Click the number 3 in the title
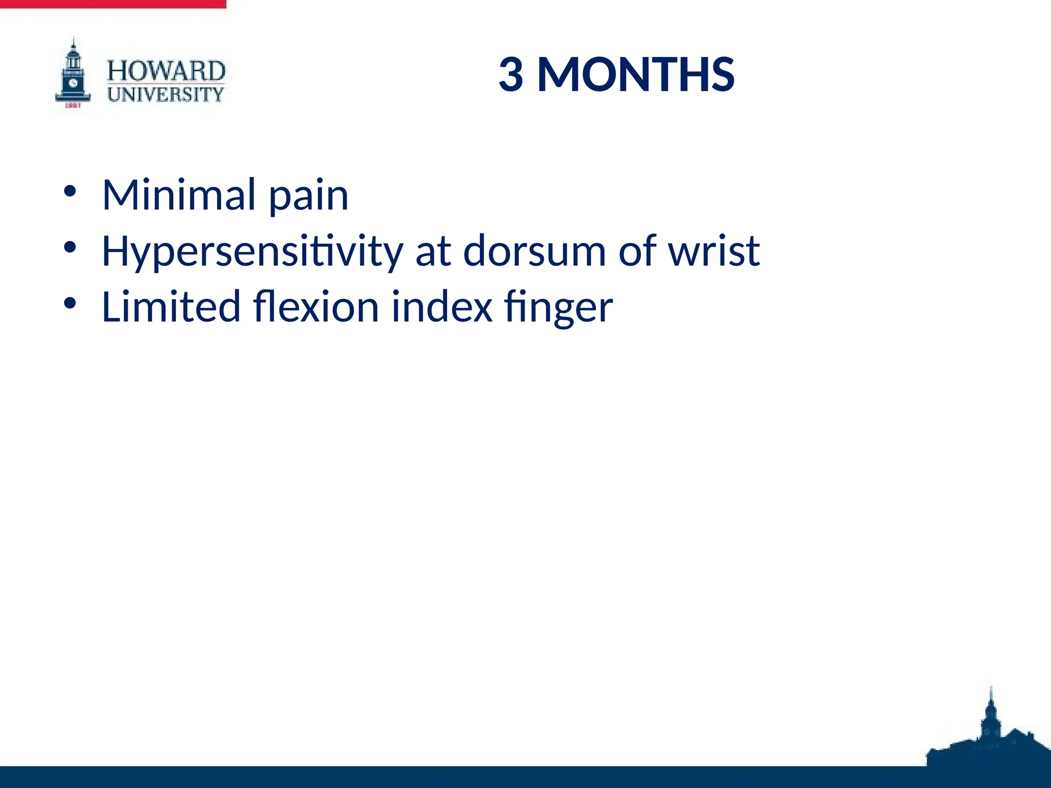click(x=511, y=75)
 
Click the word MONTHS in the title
click(x=636, y=75)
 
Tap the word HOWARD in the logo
click(x=166, y=71)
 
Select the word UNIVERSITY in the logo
click(x=165, y=94)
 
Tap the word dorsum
click(x=534, y=251)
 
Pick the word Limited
click(x=171, y=307)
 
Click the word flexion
click(x=316, y=307)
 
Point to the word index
click(x=442, y=307)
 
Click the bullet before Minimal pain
click(x=70, y=192)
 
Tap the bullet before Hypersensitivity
click(x=70, y=248)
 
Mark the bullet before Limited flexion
click(x=70, y=304)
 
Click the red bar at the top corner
click(x=113, y=4)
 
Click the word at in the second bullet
click(x=433, y=252)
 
